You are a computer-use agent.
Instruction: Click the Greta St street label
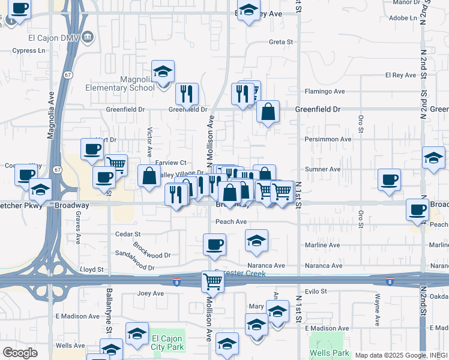(x=280, y=42)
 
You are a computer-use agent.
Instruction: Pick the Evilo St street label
(x=315, y=291)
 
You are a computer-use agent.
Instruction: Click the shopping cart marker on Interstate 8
(x=213, y=281)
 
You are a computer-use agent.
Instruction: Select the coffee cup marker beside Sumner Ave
(x=389, y=179)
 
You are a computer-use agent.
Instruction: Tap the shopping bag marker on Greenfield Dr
(x=268, y=111)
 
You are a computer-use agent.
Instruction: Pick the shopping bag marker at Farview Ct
(x=149, y=176)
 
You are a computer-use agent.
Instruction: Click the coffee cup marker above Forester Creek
(x=214, y=244)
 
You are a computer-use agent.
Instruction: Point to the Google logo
(x=20, y=353)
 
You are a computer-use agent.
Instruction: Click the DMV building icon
(x=88, y=36)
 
